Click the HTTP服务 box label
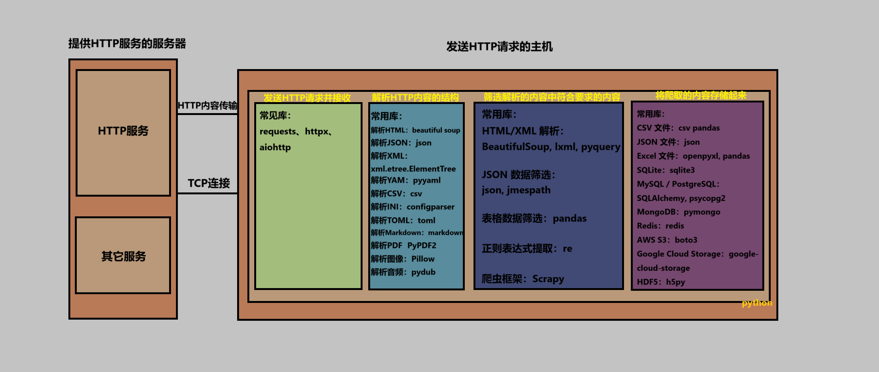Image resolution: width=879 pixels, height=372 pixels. pyautogui.click(x=123, y=131)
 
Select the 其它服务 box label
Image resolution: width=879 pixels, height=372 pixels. pyautogui.click(x=124, y=257)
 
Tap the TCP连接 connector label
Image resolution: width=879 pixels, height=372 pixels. pyautogui.click(x=209, y=183)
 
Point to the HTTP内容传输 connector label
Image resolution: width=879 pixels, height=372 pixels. pyautogui.click(x=207, y=106)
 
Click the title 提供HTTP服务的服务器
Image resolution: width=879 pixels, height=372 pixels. pyautogui.click(x=127, y=44)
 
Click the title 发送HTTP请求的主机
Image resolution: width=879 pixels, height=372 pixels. pyautogui.click(x=499, y=47)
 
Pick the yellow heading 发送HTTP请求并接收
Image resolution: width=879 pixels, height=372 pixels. pyautogui.click(x=307, y=98)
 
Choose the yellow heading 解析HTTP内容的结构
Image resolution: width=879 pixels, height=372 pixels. pyautogui.click(x=415, y=98)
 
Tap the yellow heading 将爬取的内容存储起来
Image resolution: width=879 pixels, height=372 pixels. pyautogui.click(x=701, y=95)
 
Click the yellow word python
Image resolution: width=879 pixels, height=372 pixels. pyautogui.click(x=757, y=303)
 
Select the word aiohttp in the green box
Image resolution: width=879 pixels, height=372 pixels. pyautogui.click(x=275, y=147)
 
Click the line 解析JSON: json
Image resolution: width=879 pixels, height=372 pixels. pyautogui.click(x=401, y=143)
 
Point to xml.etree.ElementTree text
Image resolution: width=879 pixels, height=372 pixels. pyautogui.click(x=413, y=169)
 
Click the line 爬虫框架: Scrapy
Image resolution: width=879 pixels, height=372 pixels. pyautogui.click(x=523, y=279)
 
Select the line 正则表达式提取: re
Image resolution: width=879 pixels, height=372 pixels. pyautogui.click(x=527, y=249)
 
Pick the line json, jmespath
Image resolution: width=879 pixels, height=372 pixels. pyautogui.click(x=516, y=190)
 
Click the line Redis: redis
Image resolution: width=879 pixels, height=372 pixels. pyautogui.click(x=660, y=226)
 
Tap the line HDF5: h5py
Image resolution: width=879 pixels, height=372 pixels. pyautogui.click(x=661, y=282)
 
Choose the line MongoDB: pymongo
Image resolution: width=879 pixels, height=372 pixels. pyautogui.click(x=678, y=212)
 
